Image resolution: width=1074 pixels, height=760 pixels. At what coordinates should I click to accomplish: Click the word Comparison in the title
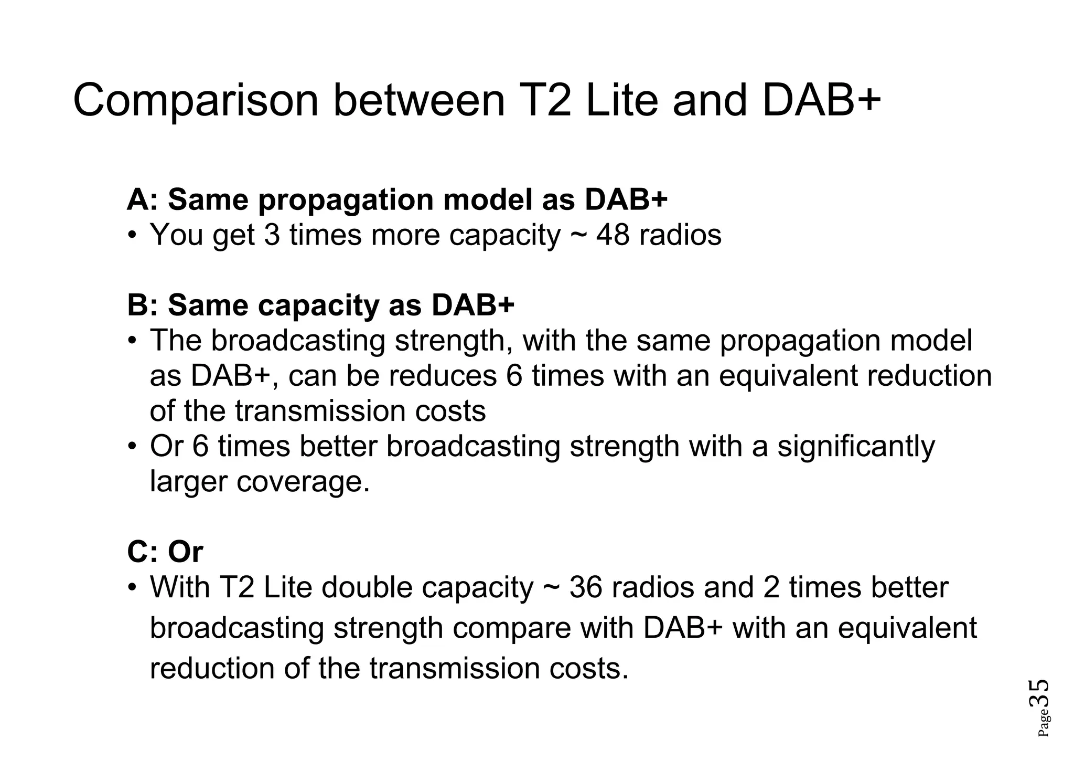pos(196,101)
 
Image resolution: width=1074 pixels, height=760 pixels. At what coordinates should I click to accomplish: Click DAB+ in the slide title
pos(821,101)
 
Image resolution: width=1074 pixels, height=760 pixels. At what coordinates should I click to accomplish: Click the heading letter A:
pos(142,200)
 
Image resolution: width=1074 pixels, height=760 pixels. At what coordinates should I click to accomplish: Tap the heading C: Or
pos(165,552)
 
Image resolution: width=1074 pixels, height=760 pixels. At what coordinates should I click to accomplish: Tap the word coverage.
pos(303,481)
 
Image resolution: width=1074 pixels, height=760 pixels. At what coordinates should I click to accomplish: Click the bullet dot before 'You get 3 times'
pos(133,235)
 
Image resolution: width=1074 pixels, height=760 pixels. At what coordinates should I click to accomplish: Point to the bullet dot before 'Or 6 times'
pos(133,447)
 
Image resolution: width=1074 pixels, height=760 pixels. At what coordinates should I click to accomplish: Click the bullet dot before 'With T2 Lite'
pos(133,587)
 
